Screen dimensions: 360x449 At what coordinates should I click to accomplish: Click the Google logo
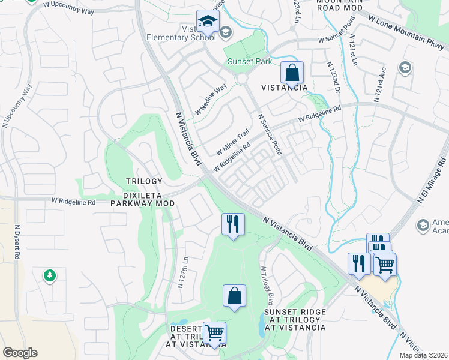pos(20,353)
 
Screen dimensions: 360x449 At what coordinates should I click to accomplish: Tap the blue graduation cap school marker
pos(208,22)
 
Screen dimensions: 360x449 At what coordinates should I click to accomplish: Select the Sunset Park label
pos(249,61)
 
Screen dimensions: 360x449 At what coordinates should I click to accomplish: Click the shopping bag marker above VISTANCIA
pos(292,73)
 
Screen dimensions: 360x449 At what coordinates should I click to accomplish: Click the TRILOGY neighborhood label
pos(144,181)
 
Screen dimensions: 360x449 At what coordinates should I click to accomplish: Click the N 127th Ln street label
pos(182,273)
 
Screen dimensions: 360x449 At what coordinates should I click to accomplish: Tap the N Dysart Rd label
pos(17,241)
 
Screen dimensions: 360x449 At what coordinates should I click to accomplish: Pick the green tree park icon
pos(49,275)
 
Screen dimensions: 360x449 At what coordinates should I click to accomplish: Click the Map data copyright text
pos(422,355)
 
